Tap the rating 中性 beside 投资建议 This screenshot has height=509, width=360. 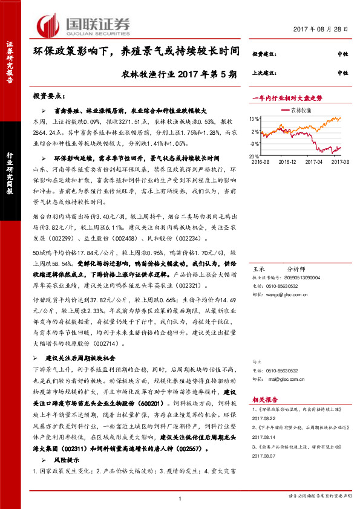342,54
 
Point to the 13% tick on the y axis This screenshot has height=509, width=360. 255,118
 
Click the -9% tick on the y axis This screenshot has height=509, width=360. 256,144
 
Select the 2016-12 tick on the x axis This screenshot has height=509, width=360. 287,161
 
